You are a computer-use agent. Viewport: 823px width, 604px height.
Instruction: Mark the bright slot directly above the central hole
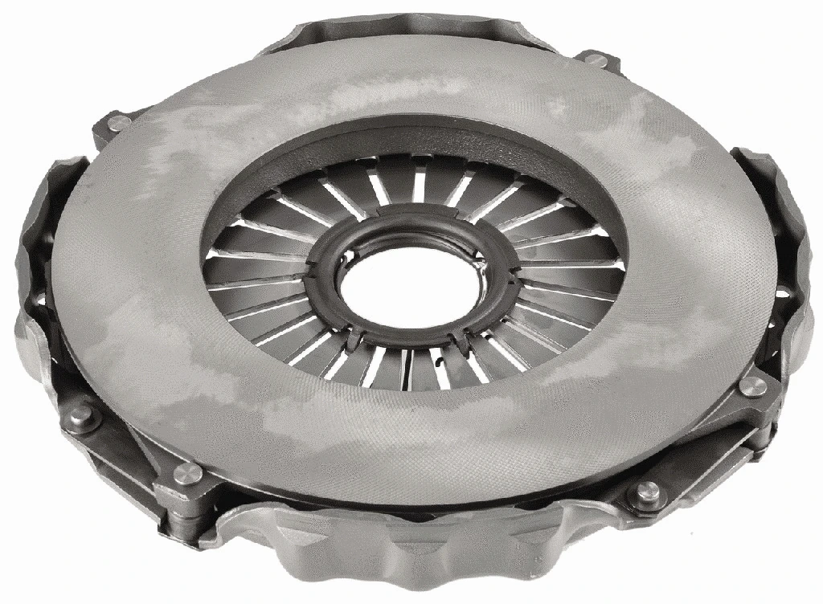click(419, 186)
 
